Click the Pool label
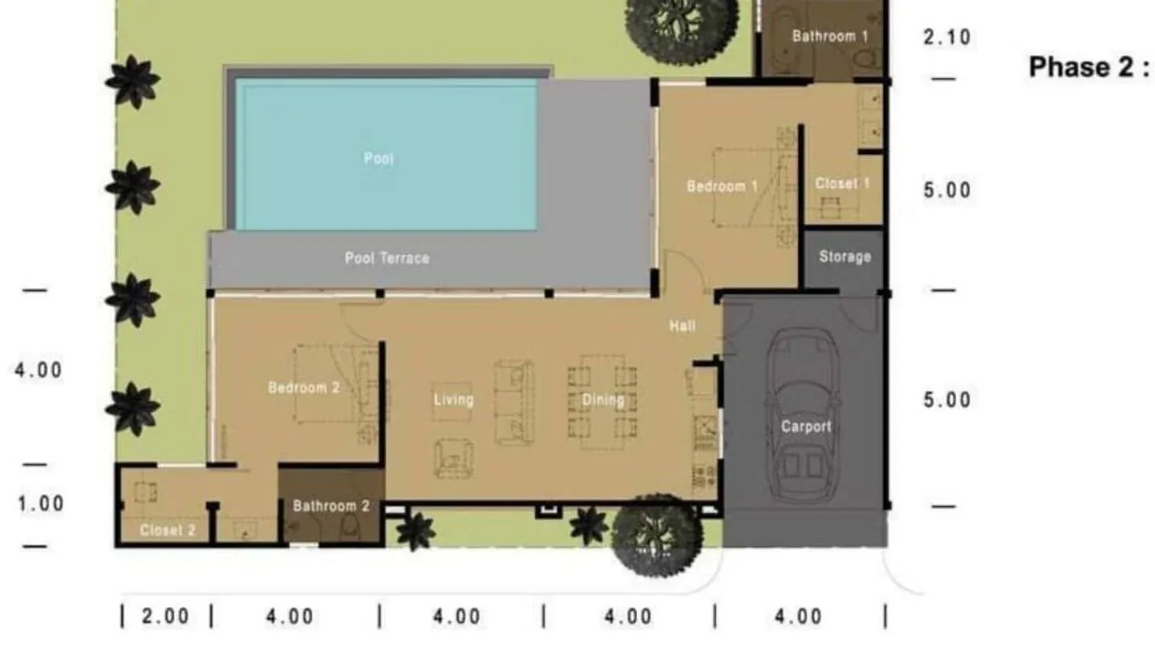pos(379,159)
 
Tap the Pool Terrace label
pos(387,258)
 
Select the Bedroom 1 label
pos(722,186)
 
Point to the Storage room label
pos(845,257)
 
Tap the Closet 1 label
pos(842,184)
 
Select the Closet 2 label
pos(168,530)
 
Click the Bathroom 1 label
pos(829,36)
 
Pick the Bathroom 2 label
pos(330,506)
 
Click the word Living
pos(453,399)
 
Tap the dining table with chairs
pos(603,401)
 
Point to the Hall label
pos(683,326)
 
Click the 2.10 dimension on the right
pos(946,37)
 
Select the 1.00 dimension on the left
pos(40,504)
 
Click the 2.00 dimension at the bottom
pos(166,616)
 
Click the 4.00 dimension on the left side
pos(38,371)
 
